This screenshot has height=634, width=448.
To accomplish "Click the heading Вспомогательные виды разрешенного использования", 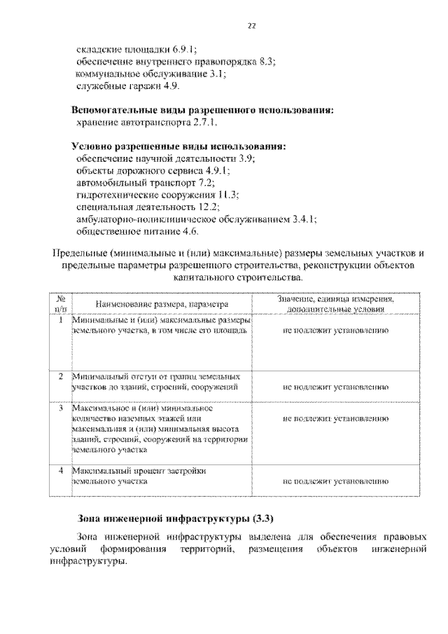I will (x=203, y=110).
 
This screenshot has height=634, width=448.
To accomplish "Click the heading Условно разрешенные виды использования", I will (x=180, y=146).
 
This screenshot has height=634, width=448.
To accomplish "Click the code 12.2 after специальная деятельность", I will (x=209, y=207).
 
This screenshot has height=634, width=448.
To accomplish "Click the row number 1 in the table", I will (x=62, y=319).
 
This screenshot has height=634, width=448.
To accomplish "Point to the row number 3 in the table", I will (x=62, y=407).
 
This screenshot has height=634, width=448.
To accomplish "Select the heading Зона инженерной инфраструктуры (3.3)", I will (x=173, y=519).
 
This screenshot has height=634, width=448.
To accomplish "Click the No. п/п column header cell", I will (x=62, y=303).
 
